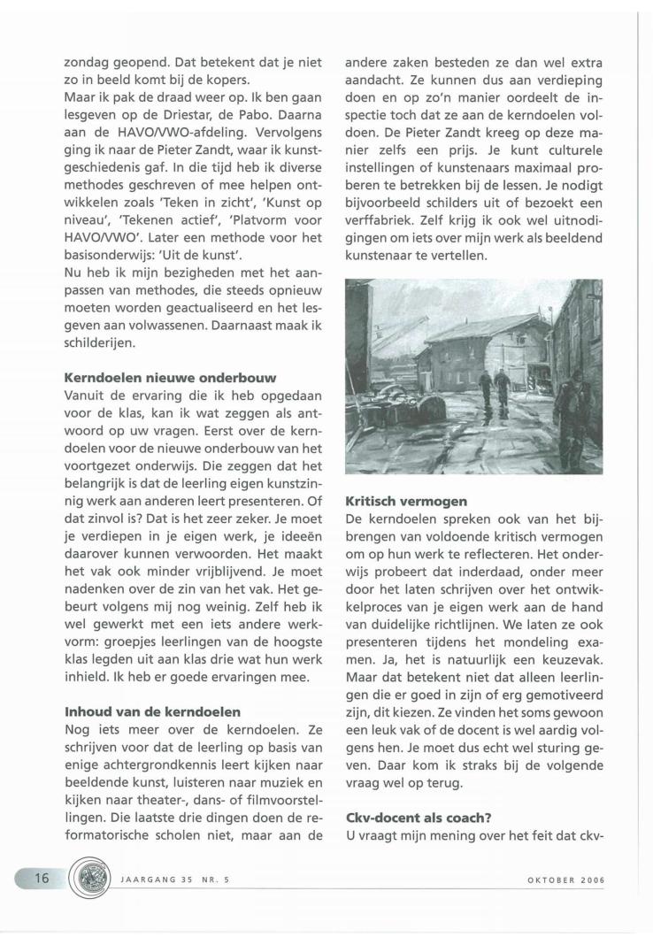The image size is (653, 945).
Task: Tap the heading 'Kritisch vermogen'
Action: pos(406,501)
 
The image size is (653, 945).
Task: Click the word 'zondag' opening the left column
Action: pos(89,64)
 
